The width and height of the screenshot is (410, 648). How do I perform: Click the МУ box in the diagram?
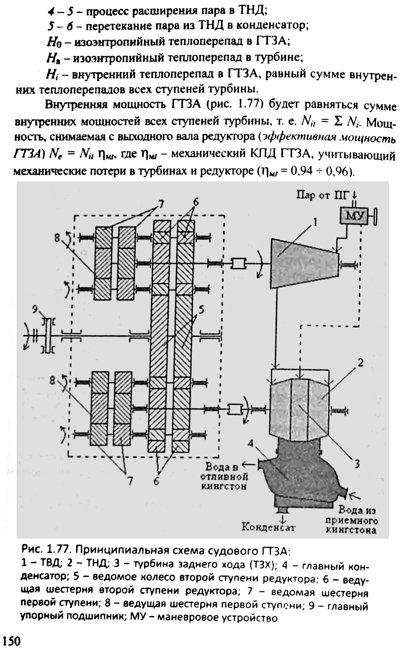click(353, 215)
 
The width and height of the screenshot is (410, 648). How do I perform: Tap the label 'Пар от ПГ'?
click(323, 195)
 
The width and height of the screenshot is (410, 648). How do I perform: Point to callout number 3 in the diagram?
click(357, 464)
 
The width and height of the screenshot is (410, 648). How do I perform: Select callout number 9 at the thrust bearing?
click(35, 310)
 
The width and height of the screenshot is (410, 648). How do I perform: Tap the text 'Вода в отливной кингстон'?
click(224, 476)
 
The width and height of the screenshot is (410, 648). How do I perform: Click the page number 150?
click(12, 641)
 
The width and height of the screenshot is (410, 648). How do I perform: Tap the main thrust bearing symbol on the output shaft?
click(48, 336)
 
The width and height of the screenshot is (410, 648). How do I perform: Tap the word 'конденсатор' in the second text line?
click(272, 26)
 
